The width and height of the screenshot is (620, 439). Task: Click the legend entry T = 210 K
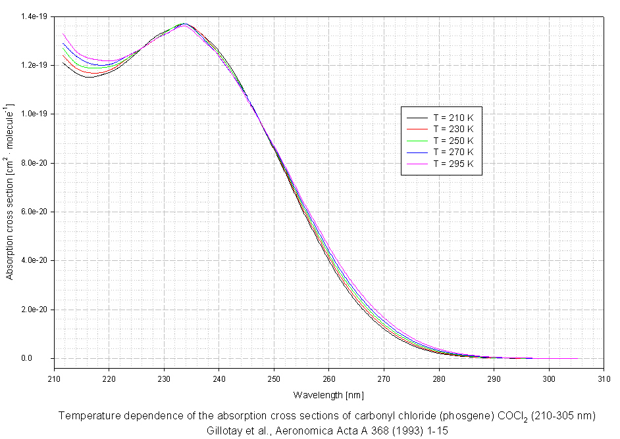click(453, 117)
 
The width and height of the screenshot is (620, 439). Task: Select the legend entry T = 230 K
click(453, 129)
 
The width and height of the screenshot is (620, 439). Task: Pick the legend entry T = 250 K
click(453, 141)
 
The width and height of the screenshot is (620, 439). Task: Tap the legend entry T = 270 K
click(453, 152)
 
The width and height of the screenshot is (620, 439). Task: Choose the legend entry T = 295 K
click(453, 164)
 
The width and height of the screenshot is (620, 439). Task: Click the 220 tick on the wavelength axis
click(109, 379)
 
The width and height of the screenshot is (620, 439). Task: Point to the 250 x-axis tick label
click(274, 379)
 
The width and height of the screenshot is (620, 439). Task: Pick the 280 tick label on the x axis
click(440, 379)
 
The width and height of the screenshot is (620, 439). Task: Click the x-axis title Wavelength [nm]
click(328, 395)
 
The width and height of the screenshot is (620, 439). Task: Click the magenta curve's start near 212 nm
click(63, 34)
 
